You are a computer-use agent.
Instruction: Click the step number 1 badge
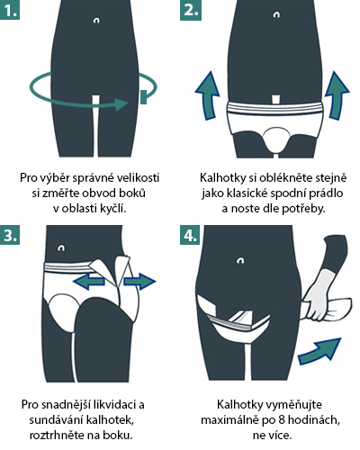point(10,10)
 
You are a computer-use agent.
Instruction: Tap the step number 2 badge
point(191,10)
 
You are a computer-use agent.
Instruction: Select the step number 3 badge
point(10,235)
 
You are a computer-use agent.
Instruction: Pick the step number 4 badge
point(190,235)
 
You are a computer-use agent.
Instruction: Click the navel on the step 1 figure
point(96,21)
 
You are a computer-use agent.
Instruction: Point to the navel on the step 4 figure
point(240,260)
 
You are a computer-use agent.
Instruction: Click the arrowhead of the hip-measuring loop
point(122,104)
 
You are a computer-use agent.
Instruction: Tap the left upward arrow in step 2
point(208,95)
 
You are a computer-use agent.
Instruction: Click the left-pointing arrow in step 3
point(89,282)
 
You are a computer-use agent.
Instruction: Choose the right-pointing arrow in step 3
point(140,282)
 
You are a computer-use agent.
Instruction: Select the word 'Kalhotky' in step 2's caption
point(223,178)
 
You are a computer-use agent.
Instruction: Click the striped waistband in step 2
point(275,108)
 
